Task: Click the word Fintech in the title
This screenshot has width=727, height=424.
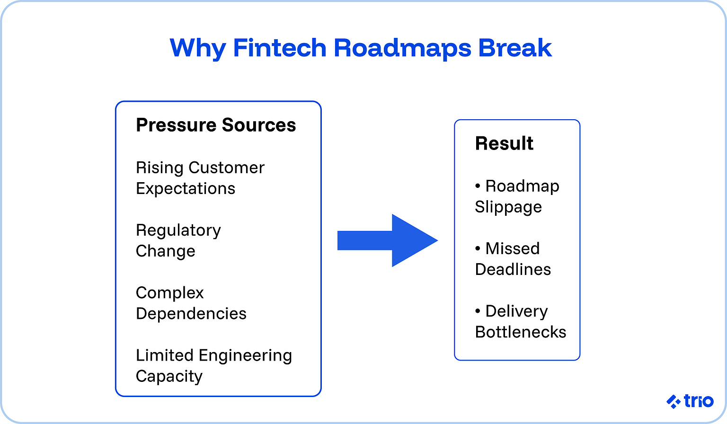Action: coord(280,48)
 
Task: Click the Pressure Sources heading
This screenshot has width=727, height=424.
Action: coord(216,125)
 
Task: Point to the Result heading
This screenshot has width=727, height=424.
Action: coord(504,143)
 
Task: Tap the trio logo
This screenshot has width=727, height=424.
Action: coord(690,401)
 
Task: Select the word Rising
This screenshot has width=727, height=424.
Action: coord(160,168)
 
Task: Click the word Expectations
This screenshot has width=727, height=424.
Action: coord(186,188)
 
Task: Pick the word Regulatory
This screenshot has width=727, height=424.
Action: coord(178,230)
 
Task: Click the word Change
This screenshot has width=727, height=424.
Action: coord(165,251)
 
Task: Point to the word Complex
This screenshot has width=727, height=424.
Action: coord(169,293)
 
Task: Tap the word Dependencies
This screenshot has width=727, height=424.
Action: coord(191,313)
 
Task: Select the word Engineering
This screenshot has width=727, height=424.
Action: coord(245,356)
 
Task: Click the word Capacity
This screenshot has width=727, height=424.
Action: coord(169,376)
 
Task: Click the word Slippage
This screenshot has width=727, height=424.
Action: coord(508,207)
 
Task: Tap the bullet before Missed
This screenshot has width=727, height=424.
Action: coord(478,249)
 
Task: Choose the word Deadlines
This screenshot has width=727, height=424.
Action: coord(513,269)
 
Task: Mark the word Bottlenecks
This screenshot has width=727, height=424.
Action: coord(521,332)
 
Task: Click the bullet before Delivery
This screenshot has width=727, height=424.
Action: coord(478,311)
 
